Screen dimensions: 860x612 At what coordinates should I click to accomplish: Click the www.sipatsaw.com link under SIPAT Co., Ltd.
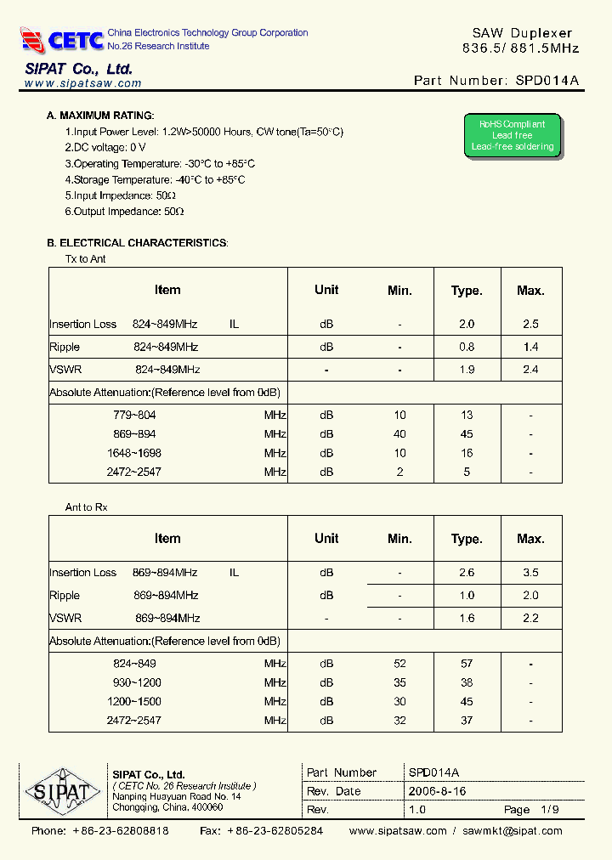pyautogui.click(x=82, y=83)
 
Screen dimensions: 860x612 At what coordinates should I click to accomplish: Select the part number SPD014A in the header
pyautogui.click(x=547, y=81)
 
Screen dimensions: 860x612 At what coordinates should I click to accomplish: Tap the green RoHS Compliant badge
pyautogui.click(x=513, y=136)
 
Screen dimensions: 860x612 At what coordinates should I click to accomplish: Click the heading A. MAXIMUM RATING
pyautogui.click(x=100, y=116)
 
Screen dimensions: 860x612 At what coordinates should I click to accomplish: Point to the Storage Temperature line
pyautogui.click(x=155, y=180)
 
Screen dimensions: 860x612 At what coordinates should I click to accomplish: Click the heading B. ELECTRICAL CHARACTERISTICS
pyautogui.click(x=137, y=243)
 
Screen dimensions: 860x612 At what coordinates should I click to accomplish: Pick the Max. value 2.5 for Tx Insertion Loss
pyautogui.click(x=530, y=324)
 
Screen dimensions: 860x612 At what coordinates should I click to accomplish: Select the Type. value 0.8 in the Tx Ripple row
pyautogui.click(x=467, y=347)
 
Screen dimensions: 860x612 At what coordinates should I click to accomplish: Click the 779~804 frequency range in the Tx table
pyautogui.click(x=135, y=416)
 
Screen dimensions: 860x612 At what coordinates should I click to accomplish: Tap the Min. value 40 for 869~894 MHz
pyautogui.click(x=399, y=434)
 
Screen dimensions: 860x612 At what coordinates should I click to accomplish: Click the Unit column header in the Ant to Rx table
pyautogui.click(x=326, y=539)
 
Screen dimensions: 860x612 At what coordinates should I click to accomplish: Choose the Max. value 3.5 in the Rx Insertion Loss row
pyautogui.click(x=530, y=573)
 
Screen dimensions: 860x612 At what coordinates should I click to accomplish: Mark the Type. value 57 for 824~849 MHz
pyautogui.click(x=467, y=664)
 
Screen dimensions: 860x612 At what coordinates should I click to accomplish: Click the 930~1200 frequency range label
pyautogui.click(x=137, y=682)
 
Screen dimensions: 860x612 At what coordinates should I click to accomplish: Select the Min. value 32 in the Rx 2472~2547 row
pyautogui.click(x=399, y=721)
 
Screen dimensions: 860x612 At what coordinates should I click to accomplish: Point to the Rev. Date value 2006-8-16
pyautogui.click(x=437, y=791)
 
